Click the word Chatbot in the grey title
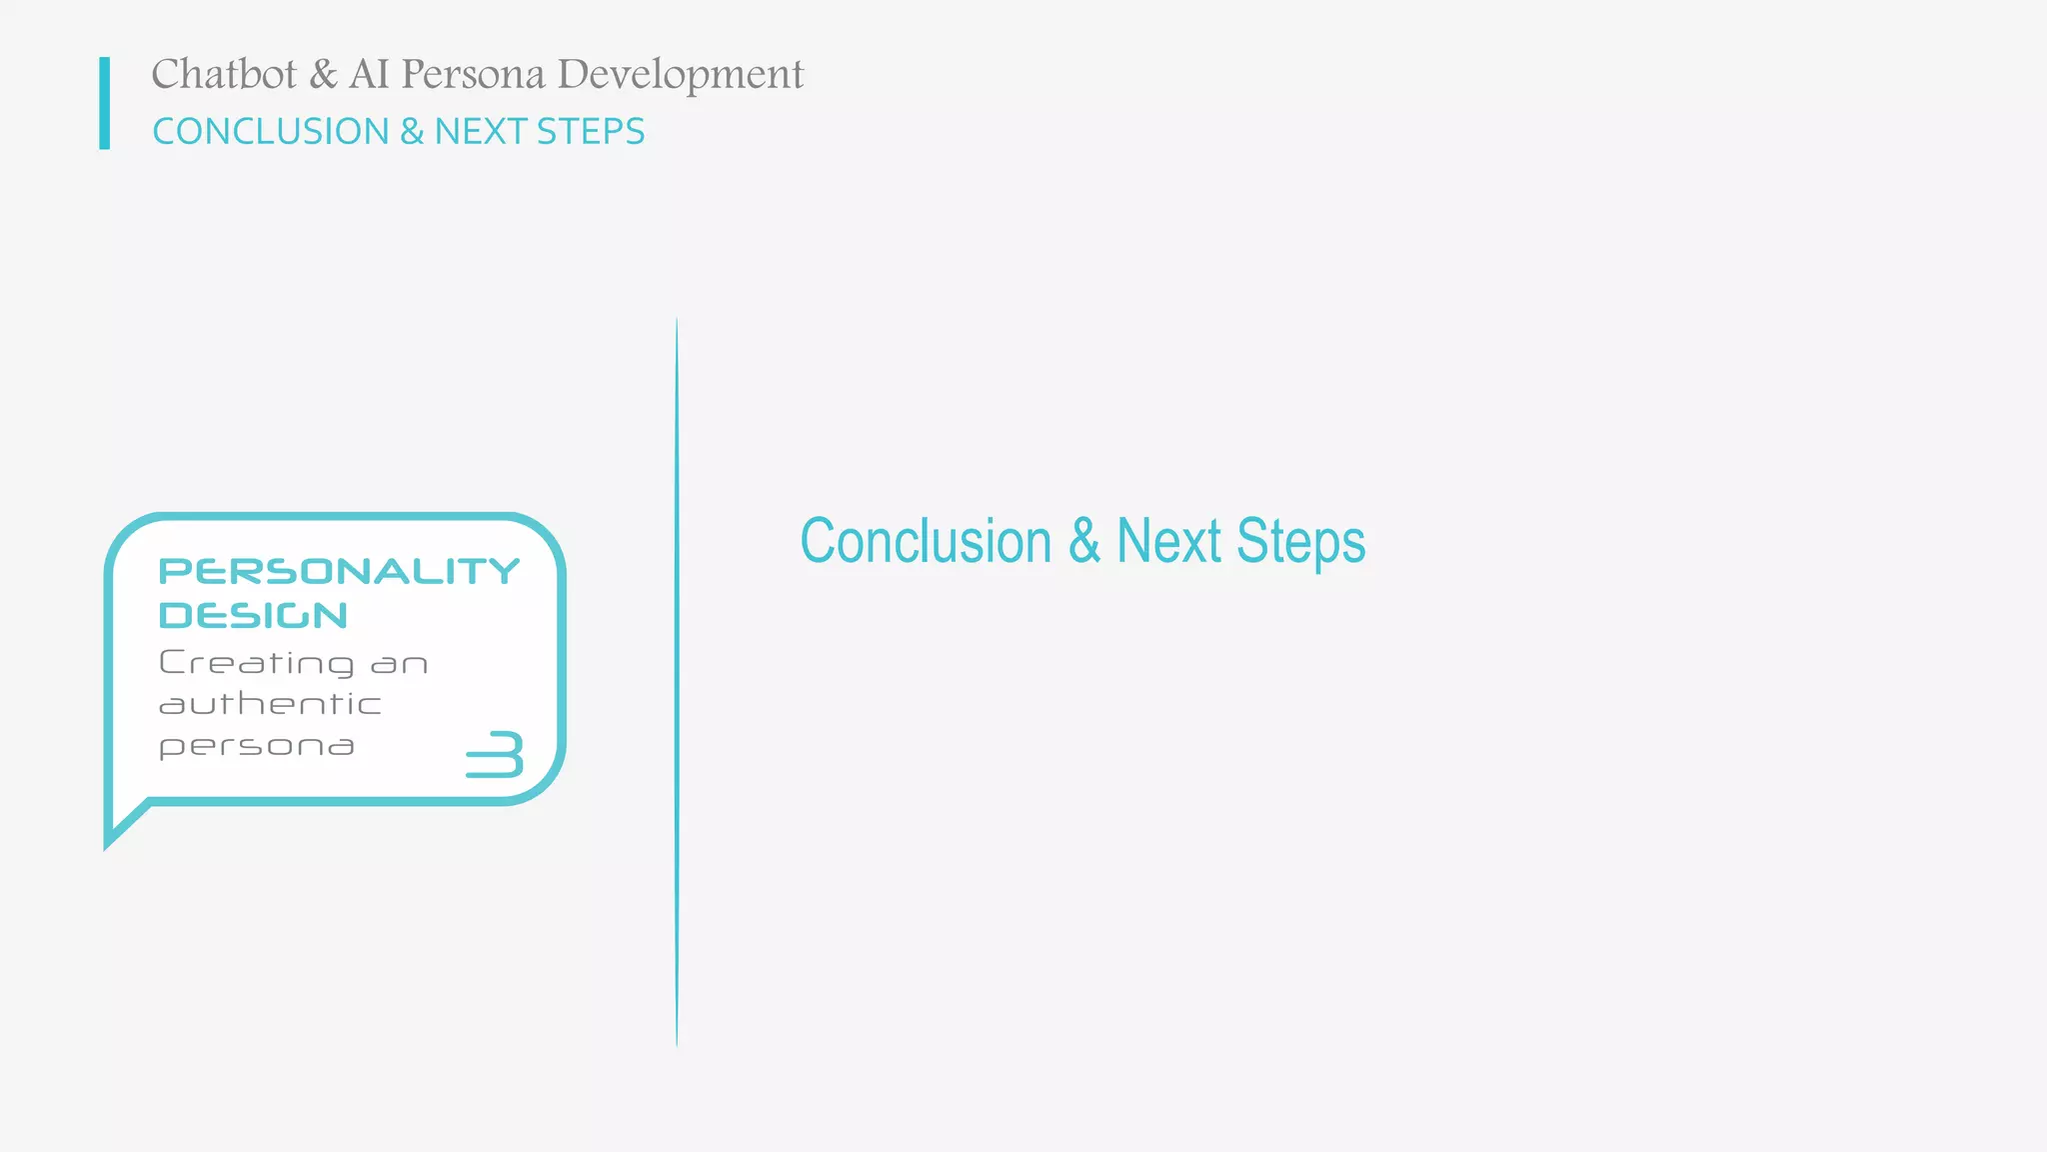[x=224, y=74]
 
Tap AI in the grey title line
[x=368, y=74]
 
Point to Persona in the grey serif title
[x=473, y=74]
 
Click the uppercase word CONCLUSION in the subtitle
[x=271, y=131]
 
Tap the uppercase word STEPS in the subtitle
[x=591, y=131]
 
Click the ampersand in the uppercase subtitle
[x=412, y=131]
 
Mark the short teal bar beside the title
[x=105, y=103]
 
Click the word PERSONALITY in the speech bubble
[x=340, y=571]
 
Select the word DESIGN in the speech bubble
[x=254, y=616]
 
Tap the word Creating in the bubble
[x=257, y=663]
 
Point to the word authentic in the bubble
[x=271, y=705]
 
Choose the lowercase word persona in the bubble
[x=257, y=747]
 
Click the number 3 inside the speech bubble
[x=496, y=754]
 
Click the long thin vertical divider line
[x=677, y=680]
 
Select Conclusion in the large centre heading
[x=926, y=541]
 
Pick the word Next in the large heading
[x=1168, y=541]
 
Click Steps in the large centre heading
[x=1300, y=543]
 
